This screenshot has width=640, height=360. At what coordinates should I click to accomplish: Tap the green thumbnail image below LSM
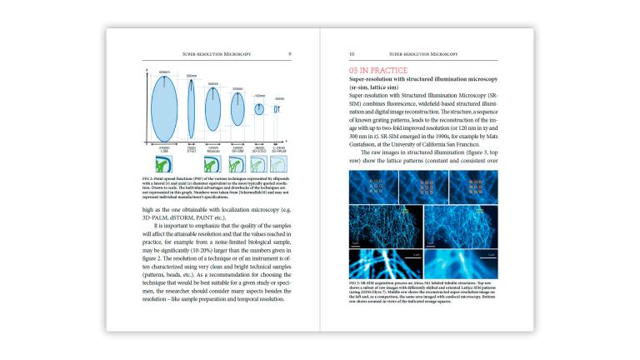pyautogui.click(x=165, y=164)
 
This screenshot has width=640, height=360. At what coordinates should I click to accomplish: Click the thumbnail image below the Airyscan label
pyautogui.click(x=214, y=164)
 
